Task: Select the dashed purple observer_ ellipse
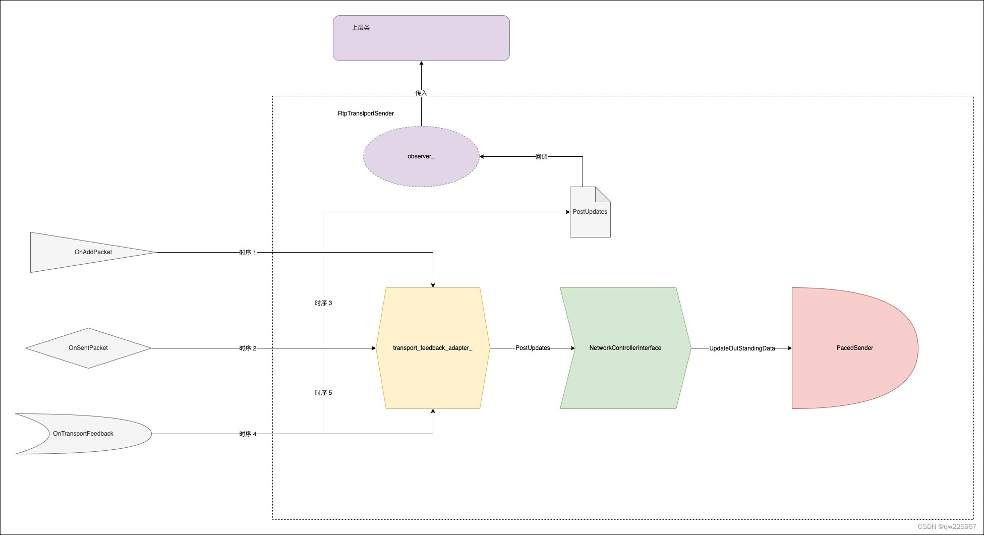click(x=421, y=156)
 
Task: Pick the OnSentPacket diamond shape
click(x=88, y=348)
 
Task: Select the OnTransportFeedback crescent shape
click(x=91, y=434)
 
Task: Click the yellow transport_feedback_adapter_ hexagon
click(x=433, y=348)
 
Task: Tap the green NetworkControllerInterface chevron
click(x=625, y=348)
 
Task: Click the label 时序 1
click(x=248, y=252)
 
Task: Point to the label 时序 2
click(x=248, y=348)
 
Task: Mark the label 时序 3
click(x=323, y=303)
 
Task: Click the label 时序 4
click(x=248, y=434)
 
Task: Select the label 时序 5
click(x=323, y=393)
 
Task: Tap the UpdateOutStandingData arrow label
click(x=741, y=348)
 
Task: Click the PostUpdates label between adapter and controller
click(x=532, y=348)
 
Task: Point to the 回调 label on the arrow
click(x=541, y=157)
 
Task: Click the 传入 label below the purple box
click(x=421, y=93)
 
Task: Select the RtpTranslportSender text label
click(x=366, y=113)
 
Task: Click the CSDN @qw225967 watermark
click(x=947, y=526)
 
